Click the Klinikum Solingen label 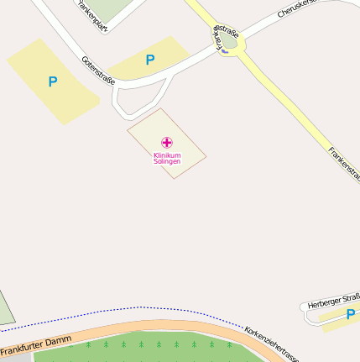(166, 159)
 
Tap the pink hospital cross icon (166, 143)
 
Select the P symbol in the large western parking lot (53, 82)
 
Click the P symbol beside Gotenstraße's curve (150, 60)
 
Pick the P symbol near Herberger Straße (350, 314)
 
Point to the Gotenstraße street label (99, 71)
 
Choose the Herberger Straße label (334, 301)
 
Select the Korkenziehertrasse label (271, 344)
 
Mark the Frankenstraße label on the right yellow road (344, 165)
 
